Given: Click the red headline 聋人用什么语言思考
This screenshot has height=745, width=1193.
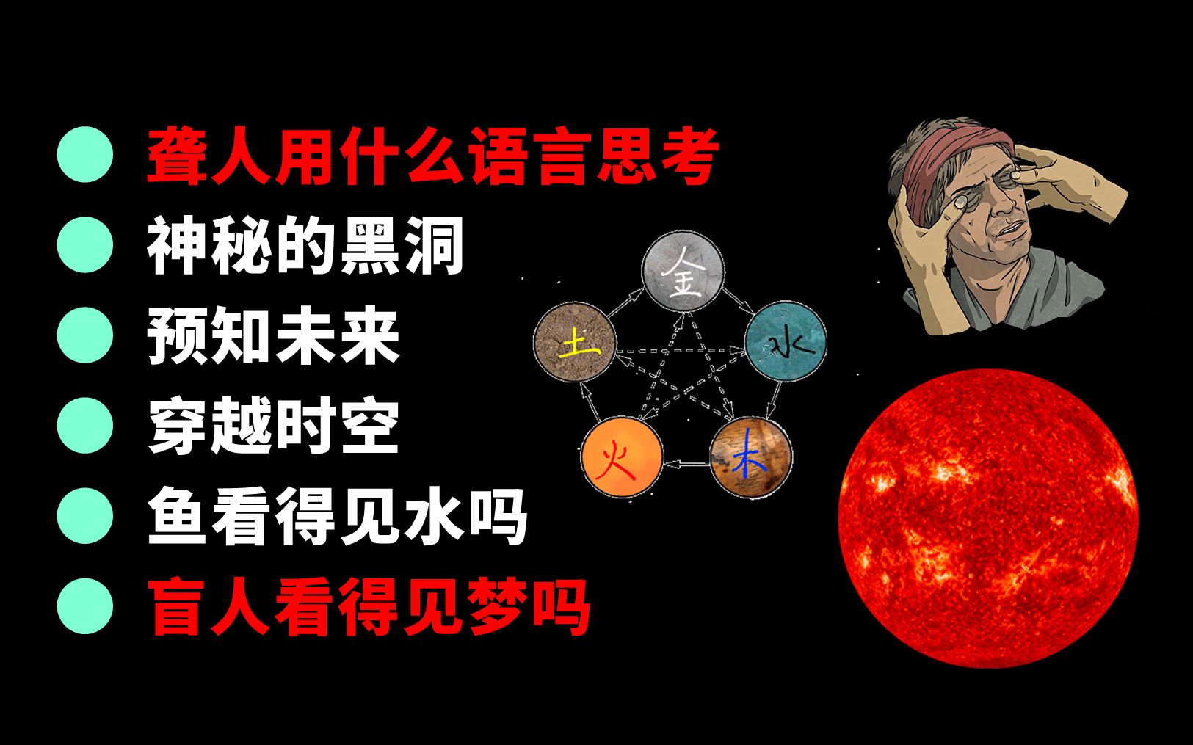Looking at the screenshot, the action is pos(433,156).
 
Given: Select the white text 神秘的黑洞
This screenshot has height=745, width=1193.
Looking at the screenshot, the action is pos(305,245).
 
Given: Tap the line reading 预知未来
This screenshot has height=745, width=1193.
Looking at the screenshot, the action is pos(273,336).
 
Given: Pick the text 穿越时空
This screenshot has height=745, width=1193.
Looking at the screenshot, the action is pos(273,426).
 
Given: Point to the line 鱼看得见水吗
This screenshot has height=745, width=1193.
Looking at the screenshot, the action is pos(337,516).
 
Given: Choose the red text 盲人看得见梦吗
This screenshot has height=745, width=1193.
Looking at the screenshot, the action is pos(369,606).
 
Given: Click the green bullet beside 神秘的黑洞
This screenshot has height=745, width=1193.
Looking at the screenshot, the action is pos(85,245).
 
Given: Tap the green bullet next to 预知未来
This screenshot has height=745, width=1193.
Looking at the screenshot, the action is pos(85,335).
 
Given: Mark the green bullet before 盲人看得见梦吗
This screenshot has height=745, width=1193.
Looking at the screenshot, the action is pos(85,606).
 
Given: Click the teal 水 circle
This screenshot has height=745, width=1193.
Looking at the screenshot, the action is pos(786,341).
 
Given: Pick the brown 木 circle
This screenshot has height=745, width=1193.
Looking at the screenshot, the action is pos(751,457).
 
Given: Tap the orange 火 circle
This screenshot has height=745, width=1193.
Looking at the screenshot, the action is pos(622,457).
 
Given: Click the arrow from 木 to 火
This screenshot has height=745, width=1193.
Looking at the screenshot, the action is pos(686,465).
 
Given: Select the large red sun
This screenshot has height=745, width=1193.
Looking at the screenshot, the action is pos(988,518).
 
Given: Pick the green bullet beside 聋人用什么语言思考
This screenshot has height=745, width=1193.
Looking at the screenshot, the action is pos(85,154).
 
